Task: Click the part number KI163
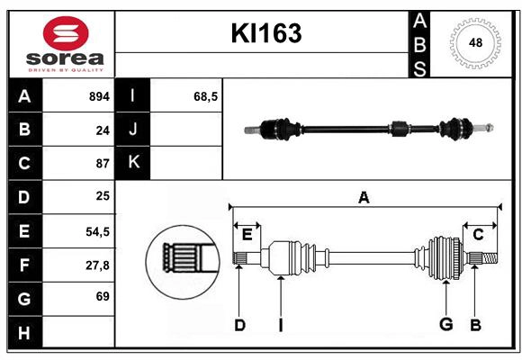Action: pos(265,33)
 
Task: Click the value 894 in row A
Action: pos(98,96)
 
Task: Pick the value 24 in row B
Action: pos(102,130)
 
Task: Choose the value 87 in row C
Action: pos(102,164)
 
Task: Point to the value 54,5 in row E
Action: pos(97,231)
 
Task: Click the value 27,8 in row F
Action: pos(97,265)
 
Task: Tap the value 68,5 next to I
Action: pos(206,96)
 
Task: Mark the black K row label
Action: pos(133,163)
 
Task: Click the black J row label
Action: pos(133,130)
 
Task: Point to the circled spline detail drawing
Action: pos(183,261)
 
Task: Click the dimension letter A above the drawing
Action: pos(364,197)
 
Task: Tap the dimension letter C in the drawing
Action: pos(478,234)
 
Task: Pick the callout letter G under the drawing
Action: pos(445,324)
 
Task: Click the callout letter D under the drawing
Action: pos(239,324)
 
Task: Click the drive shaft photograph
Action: pos(369,130)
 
